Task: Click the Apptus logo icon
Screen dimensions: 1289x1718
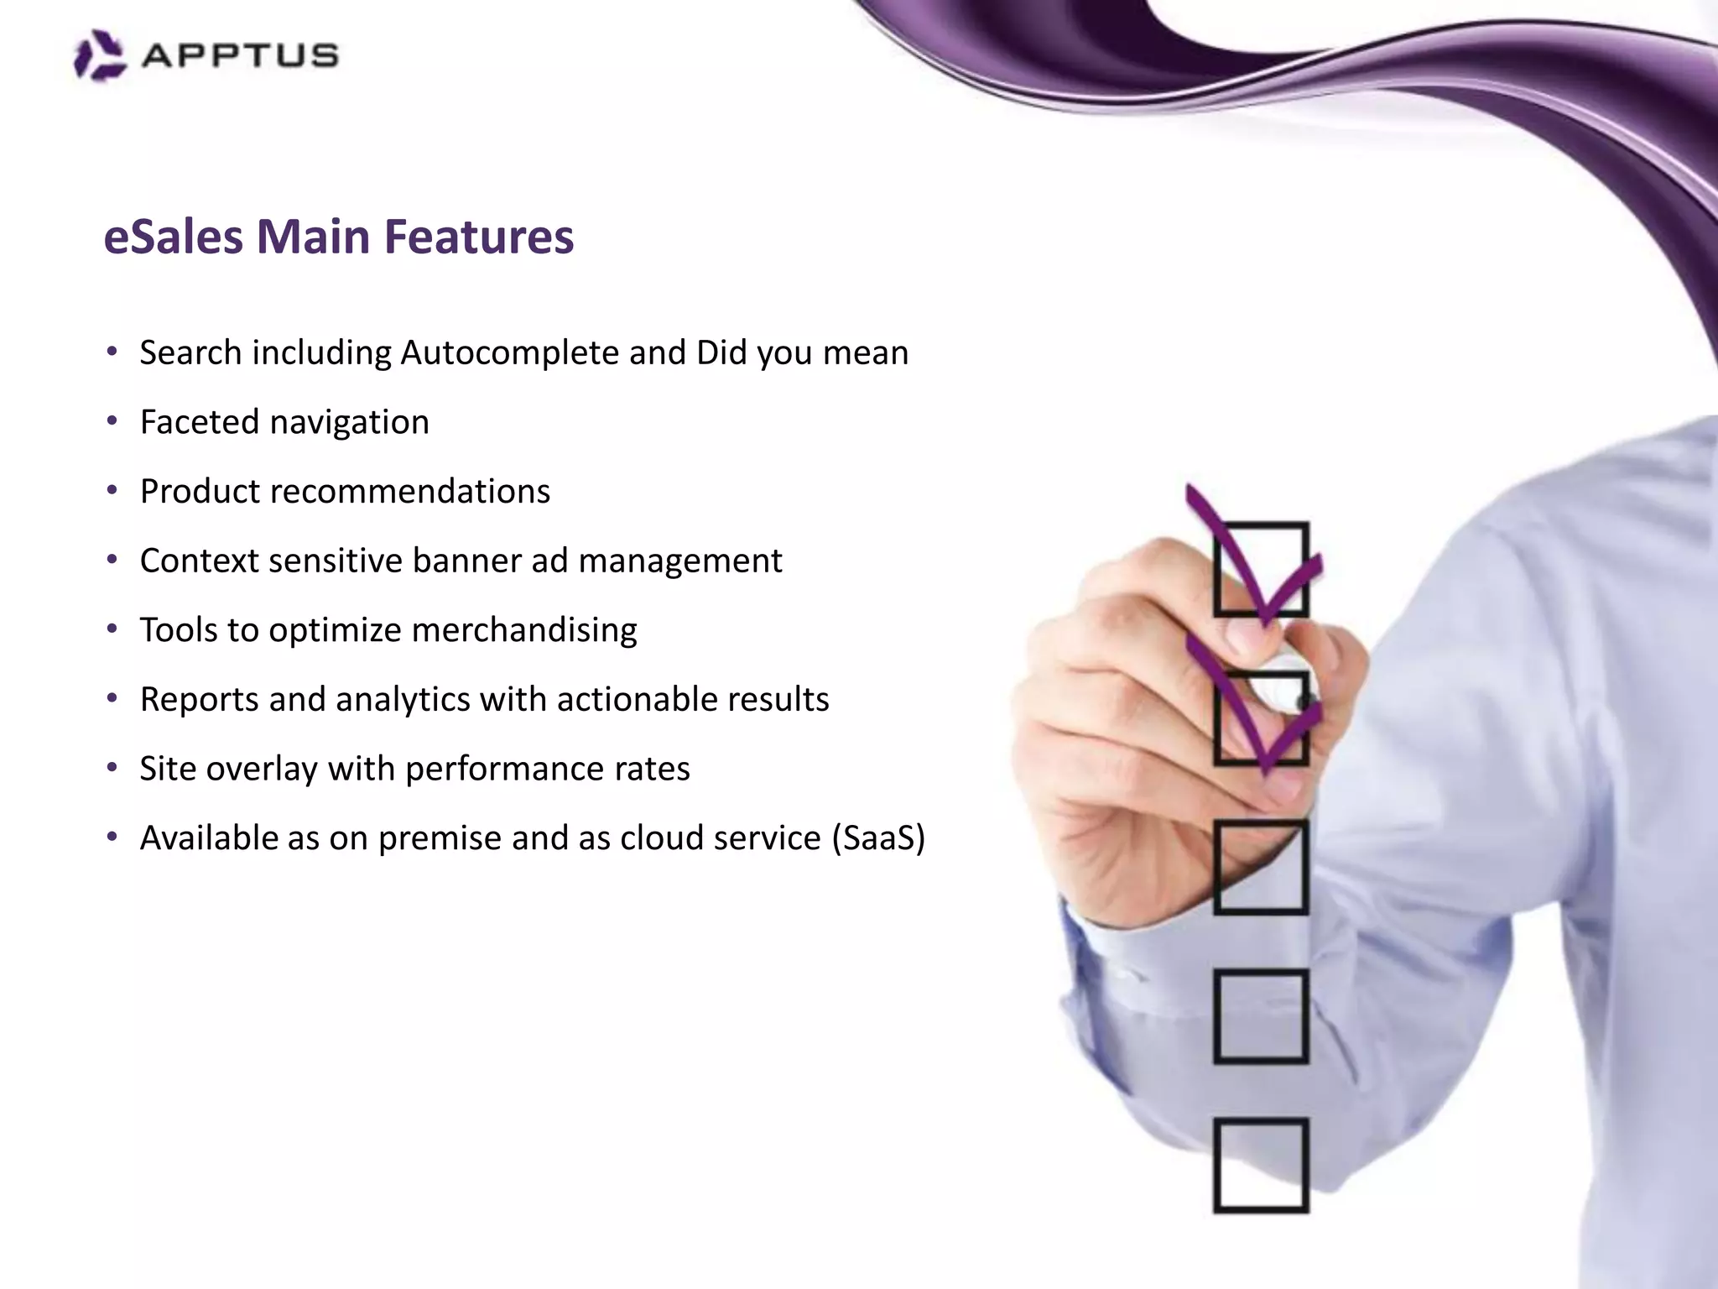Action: (x=100, y=55)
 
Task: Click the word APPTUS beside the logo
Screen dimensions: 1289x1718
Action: (x=240, y=56)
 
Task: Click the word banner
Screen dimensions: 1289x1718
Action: (x=461, y=561)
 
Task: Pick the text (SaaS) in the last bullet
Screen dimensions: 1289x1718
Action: (x=877, y=838)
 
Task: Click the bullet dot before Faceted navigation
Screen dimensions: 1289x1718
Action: (x=112, y=421)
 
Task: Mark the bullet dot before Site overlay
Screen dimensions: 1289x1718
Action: (x=112, y=768)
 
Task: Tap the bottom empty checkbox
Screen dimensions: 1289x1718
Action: (x=1261, y=1166)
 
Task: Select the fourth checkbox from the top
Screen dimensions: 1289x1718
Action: (x=1261, y=1017)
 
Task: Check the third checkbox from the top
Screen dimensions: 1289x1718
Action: (x=1261, y=868)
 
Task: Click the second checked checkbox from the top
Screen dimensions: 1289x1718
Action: (x=1261, y=718)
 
